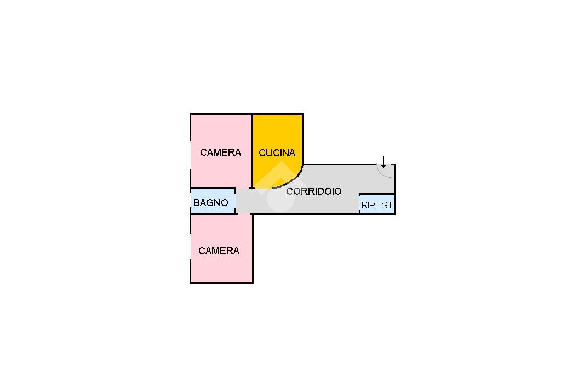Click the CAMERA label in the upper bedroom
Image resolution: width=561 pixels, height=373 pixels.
(220, 153)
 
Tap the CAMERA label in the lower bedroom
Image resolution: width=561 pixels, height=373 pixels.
(219, 251)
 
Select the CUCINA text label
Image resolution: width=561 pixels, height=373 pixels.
(277, 153)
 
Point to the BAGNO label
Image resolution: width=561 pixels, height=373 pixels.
(211, 202)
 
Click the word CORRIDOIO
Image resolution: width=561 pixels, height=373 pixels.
(314, 191)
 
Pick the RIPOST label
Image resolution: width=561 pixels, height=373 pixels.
(377, 206)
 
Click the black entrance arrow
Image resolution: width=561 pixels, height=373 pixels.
(383, 162)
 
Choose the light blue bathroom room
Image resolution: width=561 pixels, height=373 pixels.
(213, 201)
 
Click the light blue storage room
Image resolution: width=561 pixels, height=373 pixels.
(377, 204)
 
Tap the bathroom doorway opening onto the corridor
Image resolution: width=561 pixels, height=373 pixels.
(236, 201)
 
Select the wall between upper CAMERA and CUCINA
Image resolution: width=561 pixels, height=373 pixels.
(252, 151)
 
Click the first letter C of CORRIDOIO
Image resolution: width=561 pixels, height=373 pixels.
(289, 191)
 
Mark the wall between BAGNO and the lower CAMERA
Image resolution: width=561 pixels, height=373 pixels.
(213, 214)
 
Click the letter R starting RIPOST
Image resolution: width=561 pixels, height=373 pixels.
(364, 206)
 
